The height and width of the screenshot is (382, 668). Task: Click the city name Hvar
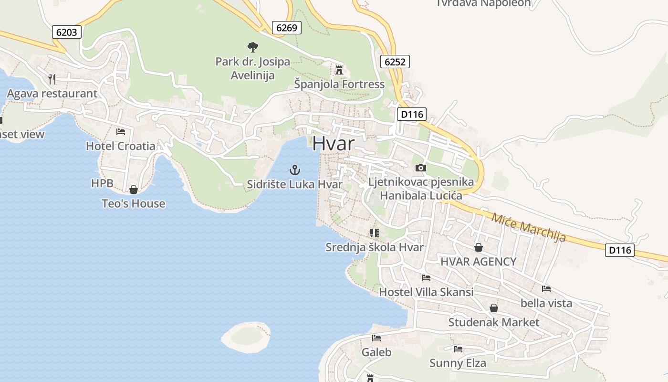334,143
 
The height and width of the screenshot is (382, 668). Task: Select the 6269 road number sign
287,28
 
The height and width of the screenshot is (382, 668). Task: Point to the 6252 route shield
395,61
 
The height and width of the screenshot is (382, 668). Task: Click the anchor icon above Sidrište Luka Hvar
295,170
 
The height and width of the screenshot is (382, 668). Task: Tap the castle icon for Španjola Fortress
339,70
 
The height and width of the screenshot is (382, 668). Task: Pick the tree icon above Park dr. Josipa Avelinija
252,47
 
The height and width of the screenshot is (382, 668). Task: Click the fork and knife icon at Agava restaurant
52,78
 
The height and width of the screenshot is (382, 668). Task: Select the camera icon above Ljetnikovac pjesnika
420,168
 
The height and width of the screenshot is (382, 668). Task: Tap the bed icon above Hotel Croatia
121,131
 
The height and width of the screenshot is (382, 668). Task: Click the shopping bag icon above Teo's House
134,190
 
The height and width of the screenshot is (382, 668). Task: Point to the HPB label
102,183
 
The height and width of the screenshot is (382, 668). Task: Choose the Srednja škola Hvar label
375,247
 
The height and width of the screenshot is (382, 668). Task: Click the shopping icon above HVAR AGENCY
479,247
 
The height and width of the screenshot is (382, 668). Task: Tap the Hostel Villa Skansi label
426,292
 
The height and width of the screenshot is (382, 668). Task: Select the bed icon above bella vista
546,288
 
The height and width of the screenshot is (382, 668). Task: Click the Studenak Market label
494,322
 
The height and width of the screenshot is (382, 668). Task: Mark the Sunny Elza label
458,363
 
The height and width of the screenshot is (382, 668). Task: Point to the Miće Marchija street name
529,227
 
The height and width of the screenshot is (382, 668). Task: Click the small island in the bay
246,336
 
